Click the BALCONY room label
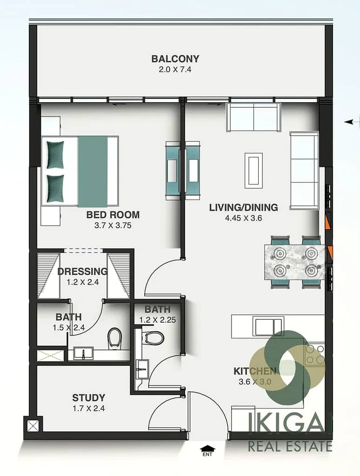[175, 59]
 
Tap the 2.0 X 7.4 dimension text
[175, 70]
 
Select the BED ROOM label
[113, 215]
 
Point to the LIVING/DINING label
[243, 207]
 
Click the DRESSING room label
[83, 271]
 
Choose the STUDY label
[89, 398]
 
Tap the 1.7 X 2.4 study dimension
[89, 409]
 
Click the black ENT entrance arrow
[207, 448]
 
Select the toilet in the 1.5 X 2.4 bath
[114, 337]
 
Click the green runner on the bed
[93, 172]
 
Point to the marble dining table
[295, 262]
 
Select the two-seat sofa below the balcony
[253, 117]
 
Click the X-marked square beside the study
[33, 426]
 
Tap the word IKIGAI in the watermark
[290, 421]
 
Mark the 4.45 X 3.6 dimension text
[243, 218]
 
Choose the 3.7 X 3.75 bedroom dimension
[113, 225]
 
